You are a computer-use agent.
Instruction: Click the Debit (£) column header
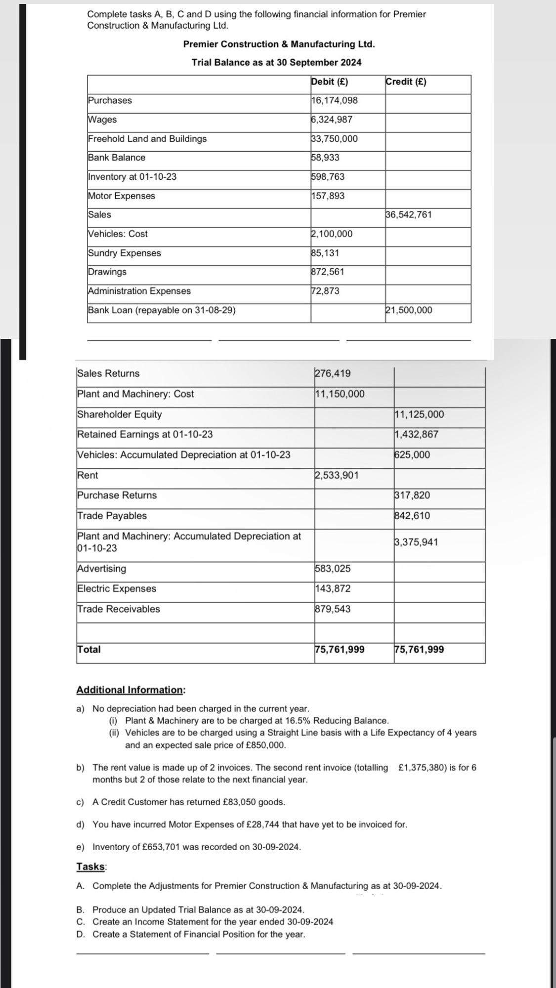tap(329, 82)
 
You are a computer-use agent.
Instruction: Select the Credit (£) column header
tap(406, 82)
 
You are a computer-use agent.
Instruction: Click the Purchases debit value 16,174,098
tap(335, 101)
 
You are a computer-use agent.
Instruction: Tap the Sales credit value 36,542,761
tap(408, 215)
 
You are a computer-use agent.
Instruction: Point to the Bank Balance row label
tap(117, 158)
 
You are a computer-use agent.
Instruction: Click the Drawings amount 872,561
tap(328, 272)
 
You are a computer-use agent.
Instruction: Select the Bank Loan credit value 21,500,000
tap(408, 310)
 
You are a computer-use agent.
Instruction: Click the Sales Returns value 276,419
tap(333, 373)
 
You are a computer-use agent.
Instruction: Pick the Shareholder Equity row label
tap(120, 414)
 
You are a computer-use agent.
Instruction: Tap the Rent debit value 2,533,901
tap(337, 475)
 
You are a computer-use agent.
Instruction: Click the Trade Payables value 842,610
tap(412, 516)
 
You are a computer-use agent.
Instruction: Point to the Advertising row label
tap(102, 569)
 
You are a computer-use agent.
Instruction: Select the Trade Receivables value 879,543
tap(333, 609)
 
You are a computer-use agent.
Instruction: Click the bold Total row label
tap(89, 650)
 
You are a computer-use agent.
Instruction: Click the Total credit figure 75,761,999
tap(419, 650)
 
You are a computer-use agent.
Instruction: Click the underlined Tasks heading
tap(91, 866)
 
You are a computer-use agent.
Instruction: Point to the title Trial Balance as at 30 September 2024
tap(276, 63)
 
